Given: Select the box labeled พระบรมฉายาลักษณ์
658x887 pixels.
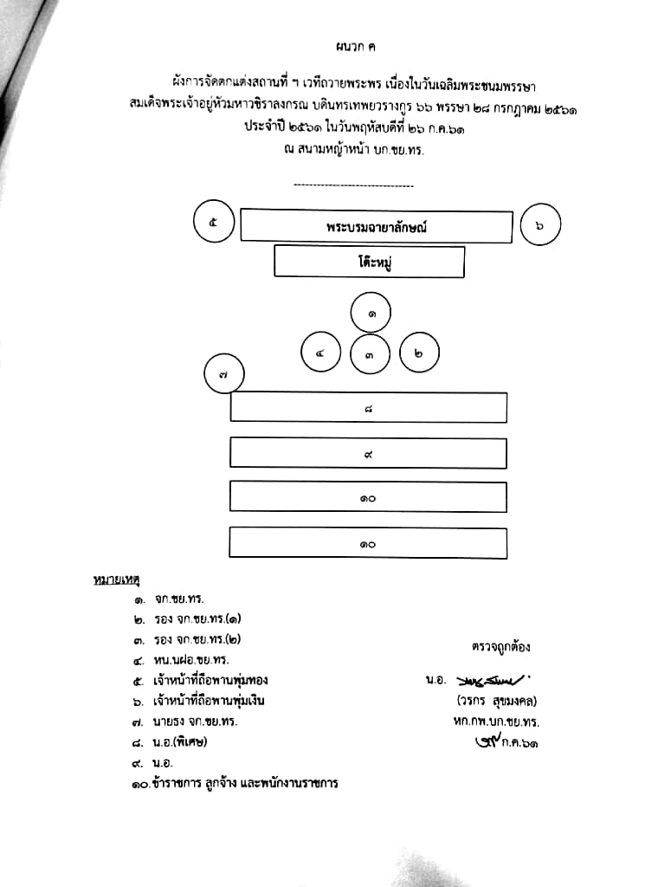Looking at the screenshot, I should point(376,226).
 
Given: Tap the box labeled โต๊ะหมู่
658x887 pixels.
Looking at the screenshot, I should point(369,262).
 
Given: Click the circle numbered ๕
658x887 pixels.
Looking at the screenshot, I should point(214,223).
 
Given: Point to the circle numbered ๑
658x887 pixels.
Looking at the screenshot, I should point(371,314).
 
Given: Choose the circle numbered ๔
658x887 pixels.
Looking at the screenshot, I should point(320,353).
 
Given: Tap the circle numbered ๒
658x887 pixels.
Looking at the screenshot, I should point(419,353).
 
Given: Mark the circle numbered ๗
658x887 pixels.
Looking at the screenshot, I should point(223,376).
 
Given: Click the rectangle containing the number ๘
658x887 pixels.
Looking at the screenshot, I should point(368,408).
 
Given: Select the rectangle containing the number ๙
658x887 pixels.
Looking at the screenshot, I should point(368,453).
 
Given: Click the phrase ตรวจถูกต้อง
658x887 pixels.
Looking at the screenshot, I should point(501,646).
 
